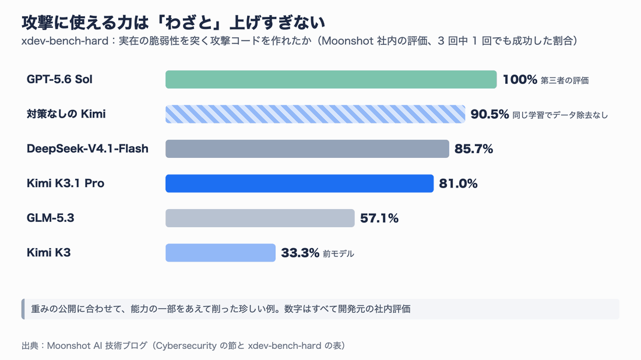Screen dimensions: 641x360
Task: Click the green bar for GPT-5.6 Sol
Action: (x=331, y=79)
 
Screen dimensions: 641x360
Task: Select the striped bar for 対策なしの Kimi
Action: (x=315, y=114)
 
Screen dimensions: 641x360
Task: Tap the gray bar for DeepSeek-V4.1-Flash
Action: (x=308, y=149)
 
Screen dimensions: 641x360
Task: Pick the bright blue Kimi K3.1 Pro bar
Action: (x=300, y=183)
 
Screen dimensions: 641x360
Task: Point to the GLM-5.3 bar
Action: (x=260, y=218)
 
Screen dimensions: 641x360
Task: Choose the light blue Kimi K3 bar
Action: (x=221, y=253)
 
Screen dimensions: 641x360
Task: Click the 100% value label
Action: (x=520, y=79)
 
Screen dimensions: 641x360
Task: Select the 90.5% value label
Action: (x=489, y=114)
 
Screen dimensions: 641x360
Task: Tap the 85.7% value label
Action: (x=474, y=149)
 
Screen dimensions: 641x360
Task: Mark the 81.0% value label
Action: (x=458, y=183)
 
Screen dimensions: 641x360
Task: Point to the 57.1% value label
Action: (x=379, y=218)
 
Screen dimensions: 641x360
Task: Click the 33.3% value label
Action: (x=300, y=253)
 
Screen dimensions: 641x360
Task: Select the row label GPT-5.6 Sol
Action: (x=59, y=79)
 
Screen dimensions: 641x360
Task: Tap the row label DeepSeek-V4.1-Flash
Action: (x=87, y=149)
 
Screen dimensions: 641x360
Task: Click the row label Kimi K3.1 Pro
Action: (x=65, y=183)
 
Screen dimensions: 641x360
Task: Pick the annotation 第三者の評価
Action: (x=565, y=80)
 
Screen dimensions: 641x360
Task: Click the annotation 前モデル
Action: (x=339, y=254)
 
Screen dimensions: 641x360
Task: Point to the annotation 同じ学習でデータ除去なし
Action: (x=560, y=115)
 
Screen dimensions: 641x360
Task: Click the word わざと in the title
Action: (x=189, y=23)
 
